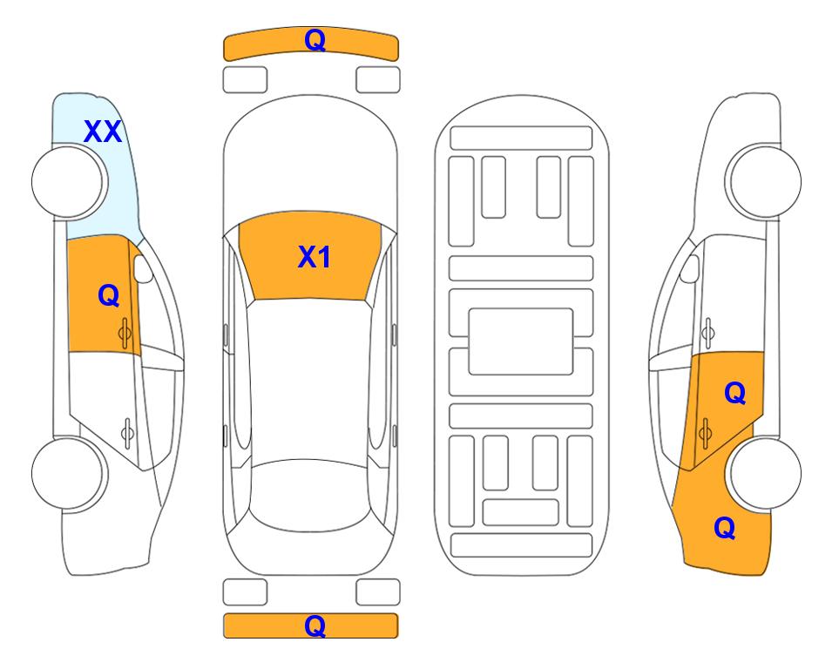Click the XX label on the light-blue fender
pyautogui.click(x=102, y=132)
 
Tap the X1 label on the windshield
pyautogui.click(x=314, y=257)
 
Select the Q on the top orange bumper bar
pyautogui.click(x=315, y=40)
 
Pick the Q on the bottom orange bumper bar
pyautogui.click(x=315, y=625)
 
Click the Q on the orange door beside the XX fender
pyautogui.click(x=108, y=296)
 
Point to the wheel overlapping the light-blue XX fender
pyautogui.click(x=70, y=181)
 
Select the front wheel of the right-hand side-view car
pyautogui.click(x=764, y=181)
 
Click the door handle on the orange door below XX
pyautogui.click(x=125, y=331)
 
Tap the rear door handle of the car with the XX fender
pyautogui.click(x=127, y=430)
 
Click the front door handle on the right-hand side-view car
pyautogui.click(x=708, y=331)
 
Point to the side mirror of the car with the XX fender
pyautogui.click(x=144, y=269)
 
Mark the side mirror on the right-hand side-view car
pyautogui.click(x=689, y=269)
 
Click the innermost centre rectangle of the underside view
pyautogui.click(x=521, y=341)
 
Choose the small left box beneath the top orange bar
pyautogui.click(x=245, y=79)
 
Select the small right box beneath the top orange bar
pyautogui.click(x=378, y=79)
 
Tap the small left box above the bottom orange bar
pyautogui.click(x=245, y=592)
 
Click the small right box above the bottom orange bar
pyautogui.click(x=378, y=592)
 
